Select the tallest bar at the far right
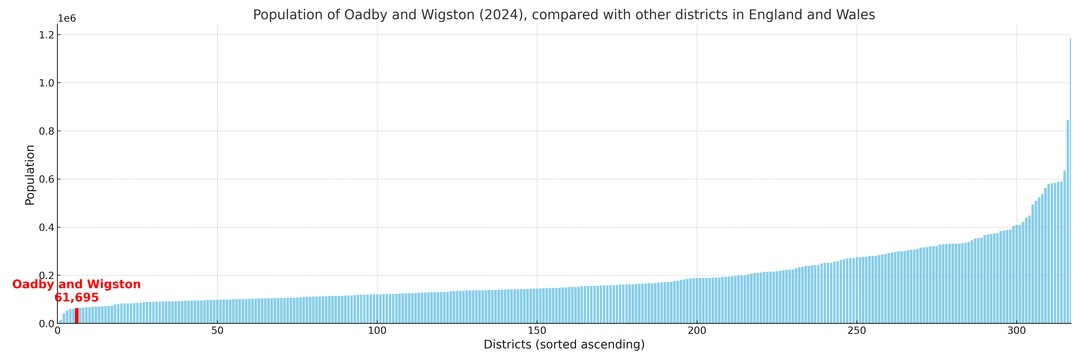click(1070, 180)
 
